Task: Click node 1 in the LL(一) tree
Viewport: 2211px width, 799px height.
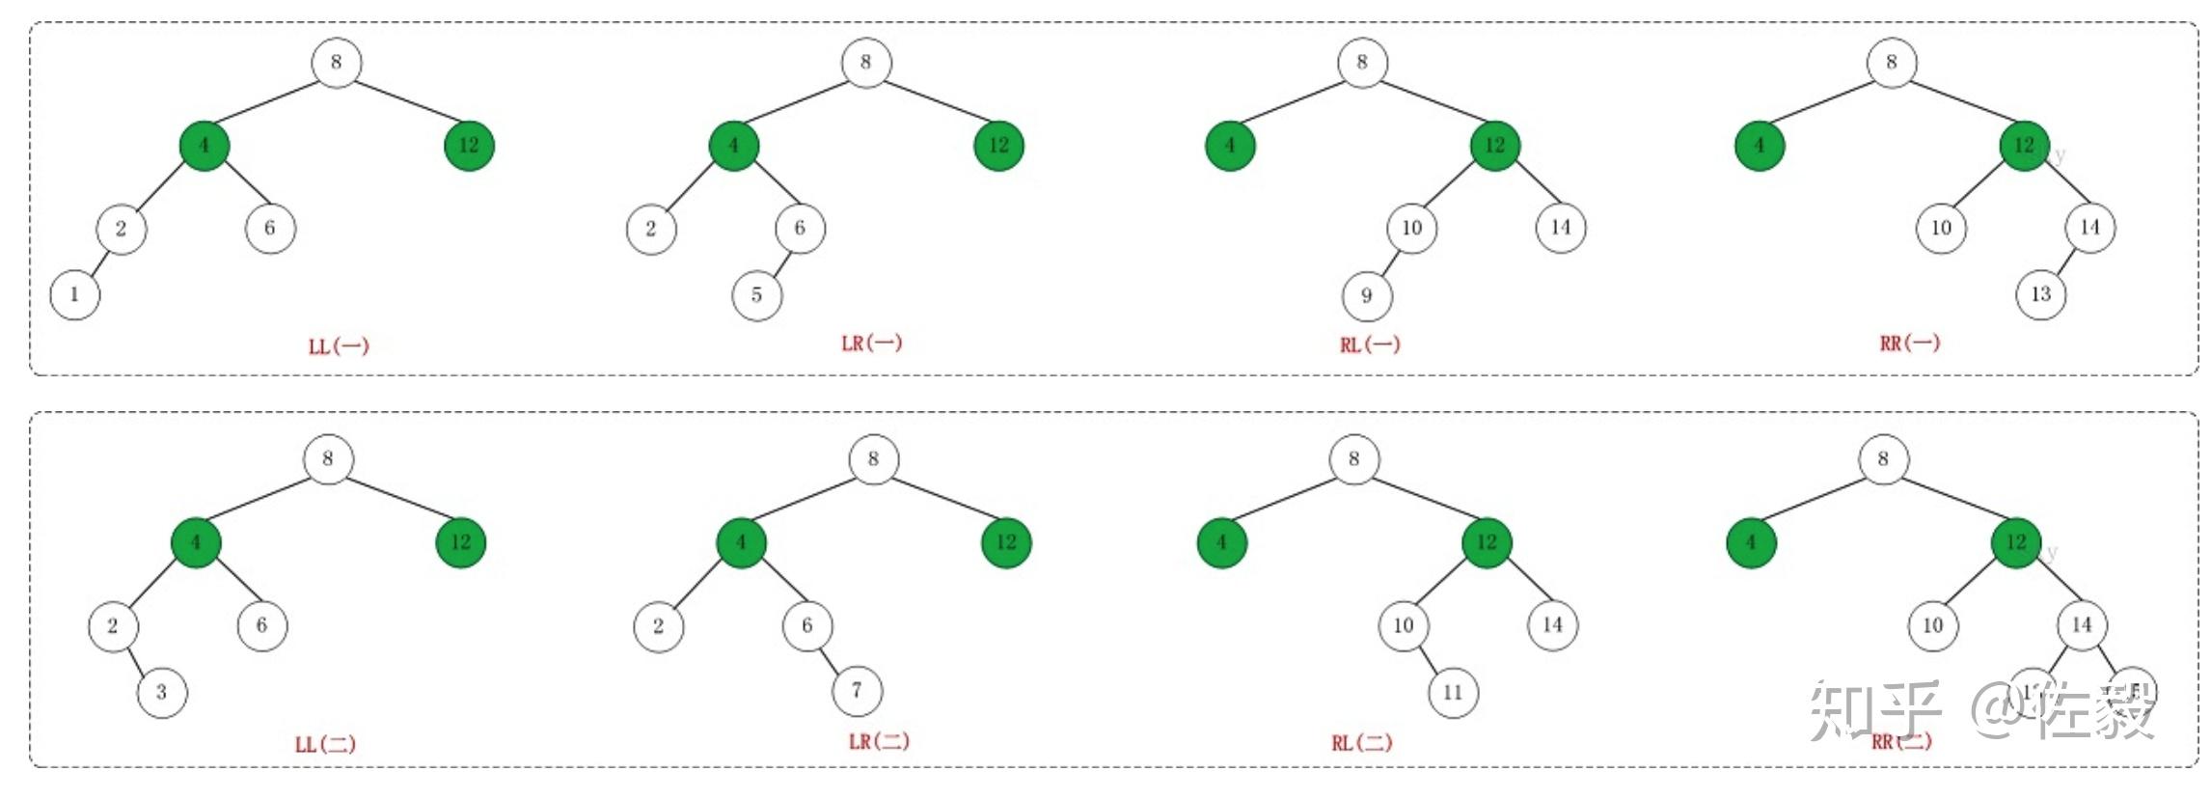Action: (x=75, y=294)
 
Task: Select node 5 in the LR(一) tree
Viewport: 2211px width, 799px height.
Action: (x=757, y=295)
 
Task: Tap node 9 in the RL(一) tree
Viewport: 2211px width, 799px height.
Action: (x=1367, y=295)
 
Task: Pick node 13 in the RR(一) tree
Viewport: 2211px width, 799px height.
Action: (x=2041, y=294)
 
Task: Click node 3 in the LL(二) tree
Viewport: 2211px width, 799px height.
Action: (x=162, y=692)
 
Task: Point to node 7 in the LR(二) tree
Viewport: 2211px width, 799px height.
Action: (x=858, y=691)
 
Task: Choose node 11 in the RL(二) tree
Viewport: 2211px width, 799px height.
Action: (x=1453, y=692)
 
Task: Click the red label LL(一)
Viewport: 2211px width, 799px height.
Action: (x=339, y=346)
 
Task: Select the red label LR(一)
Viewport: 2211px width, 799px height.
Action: (x=871, y=344)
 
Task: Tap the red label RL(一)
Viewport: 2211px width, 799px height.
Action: (x=1369, y=344)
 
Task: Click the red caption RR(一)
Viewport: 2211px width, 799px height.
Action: (x=1909, y=344)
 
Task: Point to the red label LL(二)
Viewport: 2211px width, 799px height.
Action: (x=325, y=744)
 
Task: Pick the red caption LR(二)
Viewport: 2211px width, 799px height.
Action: (x=879, y=741)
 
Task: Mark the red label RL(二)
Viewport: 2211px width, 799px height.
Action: (x=1362, y=743)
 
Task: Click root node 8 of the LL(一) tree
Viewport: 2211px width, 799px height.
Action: (x=337, y=63)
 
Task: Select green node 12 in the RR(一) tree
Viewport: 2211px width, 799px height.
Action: (x=2025, y=146)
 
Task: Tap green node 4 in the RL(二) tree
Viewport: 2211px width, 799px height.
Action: (x=1222, y=542)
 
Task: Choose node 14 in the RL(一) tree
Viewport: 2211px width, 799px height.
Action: (x=1561, y=228)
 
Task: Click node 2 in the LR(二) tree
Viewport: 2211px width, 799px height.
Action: (x=659, y=626)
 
